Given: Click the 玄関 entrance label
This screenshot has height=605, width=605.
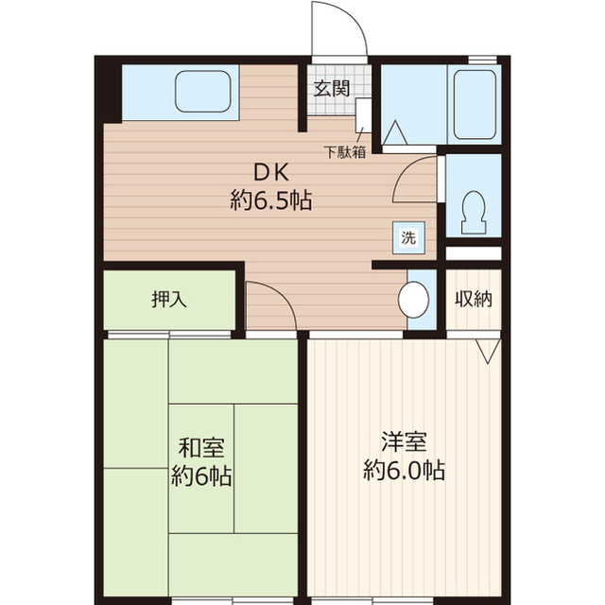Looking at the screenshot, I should (331, 90).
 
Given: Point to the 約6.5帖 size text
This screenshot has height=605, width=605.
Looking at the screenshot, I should (270, 199).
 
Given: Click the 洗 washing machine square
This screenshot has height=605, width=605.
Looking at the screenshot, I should (407, 238).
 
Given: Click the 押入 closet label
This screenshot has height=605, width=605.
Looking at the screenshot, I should (169, 301).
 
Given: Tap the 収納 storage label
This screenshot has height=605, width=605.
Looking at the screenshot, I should (474, 301).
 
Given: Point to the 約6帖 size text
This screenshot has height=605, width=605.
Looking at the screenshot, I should (200, 475).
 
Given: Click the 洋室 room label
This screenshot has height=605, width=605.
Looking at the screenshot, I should (404, 441).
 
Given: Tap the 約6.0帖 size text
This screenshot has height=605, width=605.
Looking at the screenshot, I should (404, 469).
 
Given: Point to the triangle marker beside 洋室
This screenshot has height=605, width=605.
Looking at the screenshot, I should (487, 351).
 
